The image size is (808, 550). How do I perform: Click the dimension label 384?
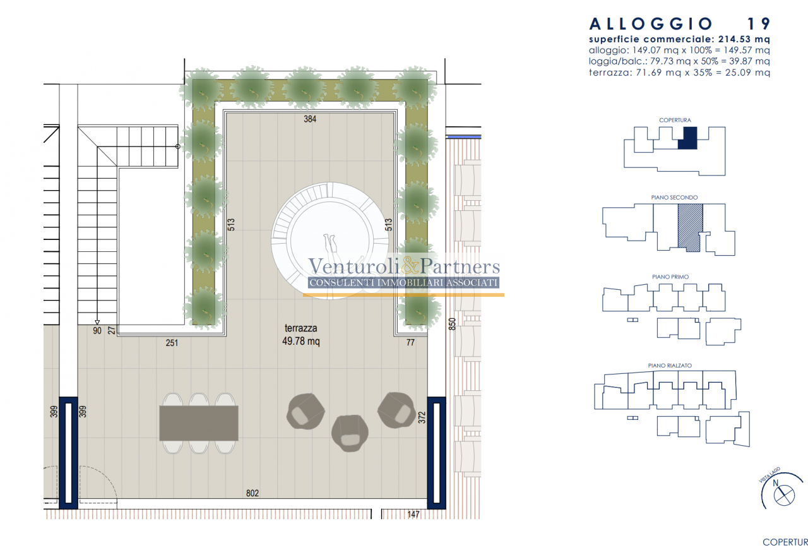point(310,119)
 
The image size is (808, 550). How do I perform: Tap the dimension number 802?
point(252,493)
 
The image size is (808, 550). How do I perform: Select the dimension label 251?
point(172,342)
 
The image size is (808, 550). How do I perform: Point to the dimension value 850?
point(452,324)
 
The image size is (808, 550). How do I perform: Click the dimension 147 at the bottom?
point(413,514)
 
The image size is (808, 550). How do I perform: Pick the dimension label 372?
point(422,417)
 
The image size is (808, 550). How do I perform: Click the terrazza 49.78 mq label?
point(301,335)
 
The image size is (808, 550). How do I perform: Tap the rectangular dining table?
point(199,423)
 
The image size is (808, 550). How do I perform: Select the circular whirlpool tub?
point(330,241)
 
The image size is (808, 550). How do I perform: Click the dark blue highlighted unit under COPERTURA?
point(687,138)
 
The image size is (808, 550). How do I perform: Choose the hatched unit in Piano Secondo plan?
point(690,227)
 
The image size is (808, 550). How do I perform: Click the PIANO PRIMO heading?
point(670,277)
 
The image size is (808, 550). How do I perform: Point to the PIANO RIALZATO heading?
point(670,366)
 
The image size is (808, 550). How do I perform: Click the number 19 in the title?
point(758,24)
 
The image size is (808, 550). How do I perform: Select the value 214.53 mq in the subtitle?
point(744,39)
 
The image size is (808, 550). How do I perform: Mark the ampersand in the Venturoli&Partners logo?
point(410,266)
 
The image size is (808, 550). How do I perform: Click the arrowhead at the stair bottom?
point(97,322)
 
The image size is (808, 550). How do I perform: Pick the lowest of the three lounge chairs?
point(350,433)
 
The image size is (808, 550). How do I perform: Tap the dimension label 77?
point(410,342)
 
